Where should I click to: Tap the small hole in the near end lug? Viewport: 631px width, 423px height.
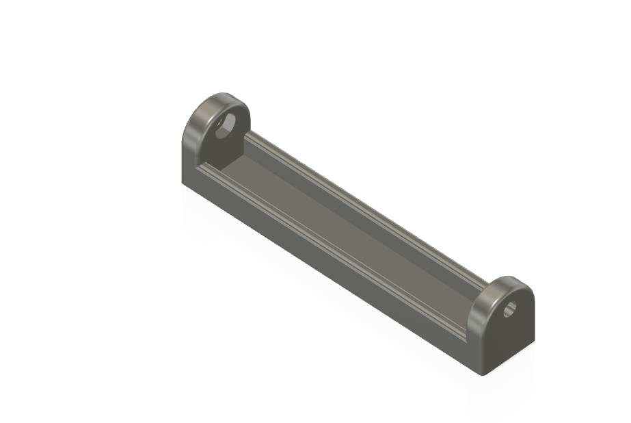(x=509, y=310)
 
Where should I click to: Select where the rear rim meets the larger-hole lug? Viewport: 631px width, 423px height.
(x=247, y=133)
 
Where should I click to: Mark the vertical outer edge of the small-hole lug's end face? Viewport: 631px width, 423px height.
(x=533, y=322)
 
